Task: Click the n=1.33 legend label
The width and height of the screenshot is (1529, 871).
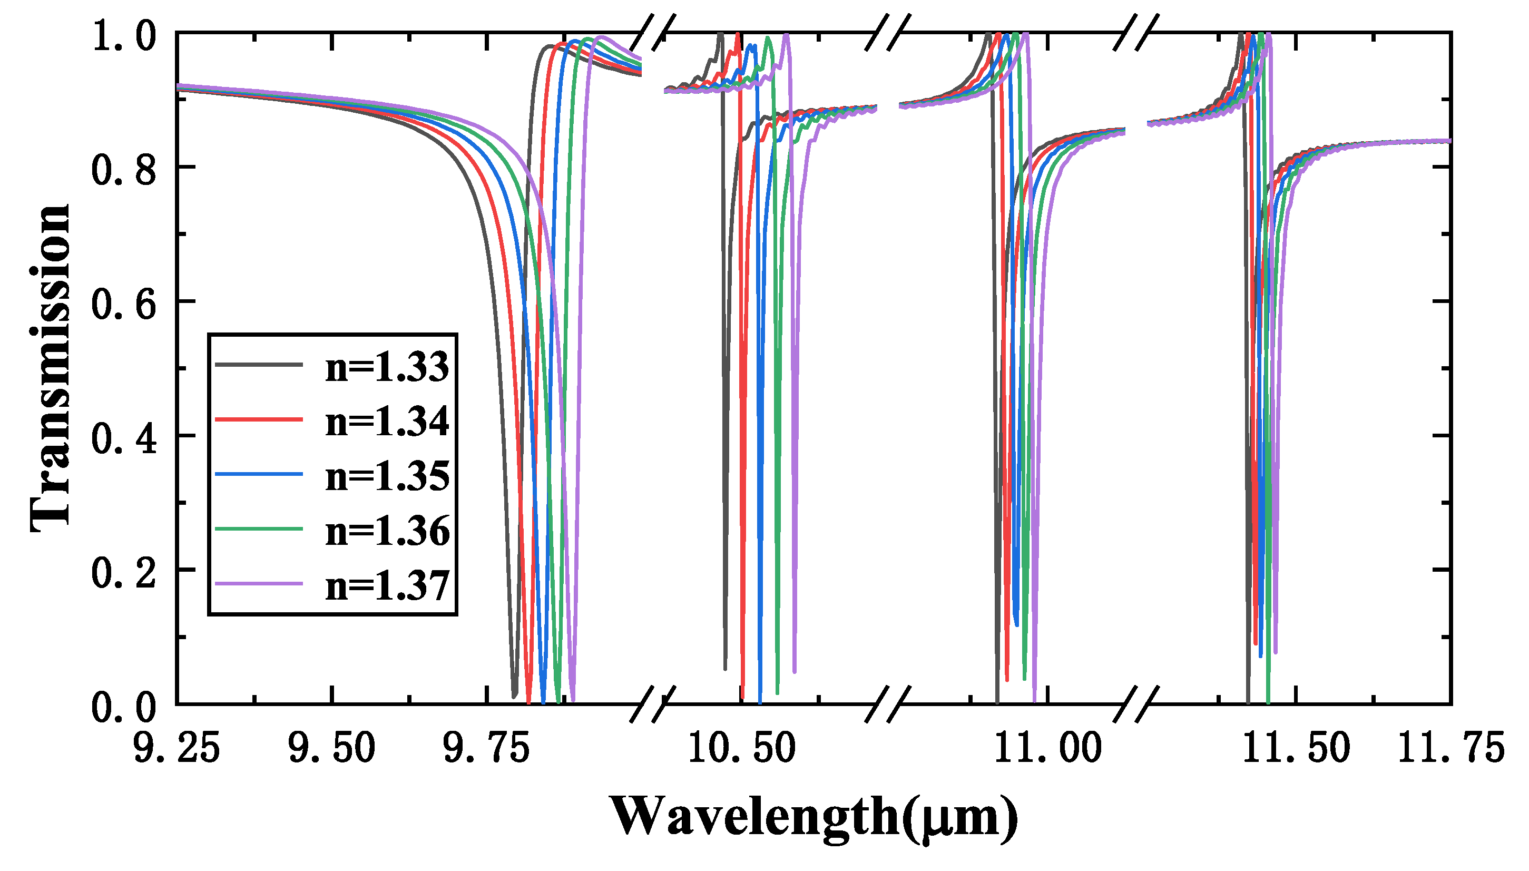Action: click(387, 367)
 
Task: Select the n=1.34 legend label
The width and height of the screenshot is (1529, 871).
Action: click(387, 421)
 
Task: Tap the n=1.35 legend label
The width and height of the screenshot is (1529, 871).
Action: click(387, 476)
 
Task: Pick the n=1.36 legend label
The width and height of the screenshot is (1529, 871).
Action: click(387, 531)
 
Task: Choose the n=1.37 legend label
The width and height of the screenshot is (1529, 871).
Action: click(387, 585)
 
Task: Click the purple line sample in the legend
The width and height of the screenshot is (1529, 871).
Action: click(259, 583)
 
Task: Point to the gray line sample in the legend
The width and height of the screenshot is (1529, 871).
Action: click(259, 364)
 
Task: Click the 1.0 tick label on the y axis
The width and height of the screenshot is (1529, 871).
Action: click(123, 36)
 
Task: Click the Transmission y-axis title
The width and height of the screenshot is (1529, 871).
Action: click(51, 368)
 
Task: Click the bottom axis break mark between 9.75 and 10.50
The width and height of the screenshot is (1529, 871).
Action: click(653, 704)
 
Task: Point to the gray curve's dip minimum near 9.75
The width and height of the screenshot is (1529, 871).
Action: click(514, 696)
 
